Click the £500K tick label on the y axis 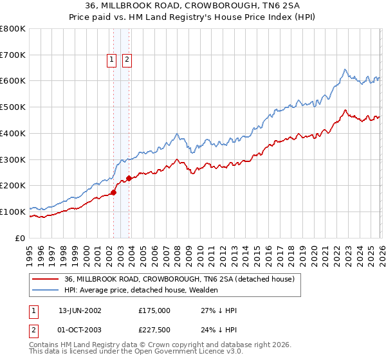[x=13, y=107]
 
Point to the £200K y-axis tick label [x=13, y=186]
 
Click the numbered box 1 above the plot [x=111, y=60]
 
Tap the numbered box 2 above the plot [x=127, y=60]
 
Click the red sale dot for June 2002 [x=114, y=192]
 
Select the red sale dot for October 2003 [x=129, y=178]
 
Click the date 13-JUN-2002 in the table [x=80, y=310]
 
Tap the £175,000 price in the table [x=154, y=310]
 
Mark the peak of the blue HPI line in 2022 [x=345, y=69]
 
